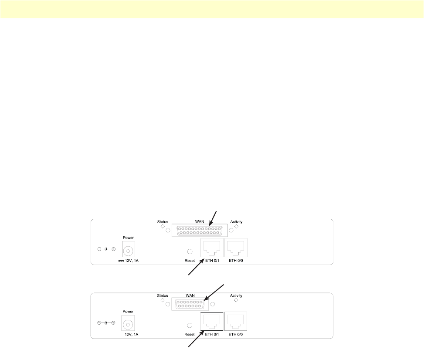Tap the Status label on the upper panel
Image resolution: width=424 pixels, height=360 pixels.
pos(163,222)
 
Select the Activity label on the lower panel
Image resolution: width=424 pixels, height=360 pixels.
pos(236,295)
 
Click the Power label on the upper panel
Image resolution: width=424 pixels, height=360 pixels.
pos(128,238)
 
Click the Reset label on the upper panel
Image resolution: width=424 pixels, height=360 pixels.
pos(190,261)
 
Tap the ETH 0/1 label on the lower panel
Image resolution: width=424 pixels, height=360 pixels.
pos(211,334)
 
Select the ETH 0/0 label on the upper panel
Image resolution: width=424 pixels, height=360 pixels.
pos(236,261)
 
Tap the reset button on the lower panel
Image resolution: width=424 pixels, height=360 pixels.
pos(190,325)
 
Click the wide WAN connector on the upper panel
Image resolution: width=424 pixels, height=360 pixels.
pos(200,231)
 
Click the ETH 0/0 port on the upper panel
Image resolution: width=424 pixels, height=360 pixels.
pos(236,248)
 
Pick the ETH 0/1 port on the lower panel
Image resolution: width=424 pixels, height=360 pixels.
pos(211,322)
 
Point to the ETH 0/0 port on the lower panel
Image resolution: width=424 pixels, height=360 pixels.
pos(236,322)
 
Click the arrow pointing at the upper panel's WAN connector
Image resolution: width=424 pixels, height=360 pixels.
pos(213,217)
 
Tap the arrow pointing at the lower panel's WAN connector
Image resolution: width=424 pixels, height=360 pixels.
pos(215,292)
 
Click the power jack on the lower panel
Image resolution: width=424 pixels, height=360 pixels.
pos(128,325)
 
